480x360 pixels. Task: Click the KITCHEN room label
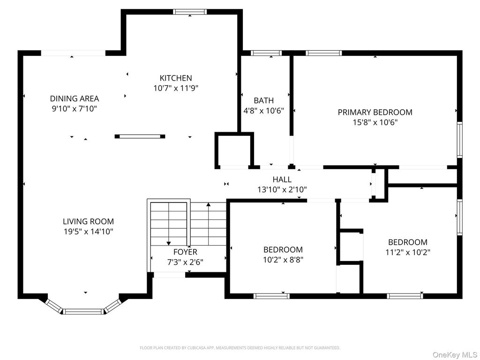click(176, 78)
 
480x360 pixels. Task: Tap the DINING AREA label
click(75, 98)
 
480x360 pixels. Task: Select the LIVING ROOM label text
click(88, 222)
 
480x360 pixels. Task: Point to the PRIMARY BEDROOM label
click(375, 112)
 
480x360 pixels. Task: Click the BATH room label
click(263, 100)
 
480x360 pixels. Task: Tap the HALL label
click(282, 180)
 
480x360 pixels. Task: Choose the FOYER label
click(185, 252)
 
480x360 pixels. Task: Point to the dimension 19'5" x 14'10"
click(88, 232)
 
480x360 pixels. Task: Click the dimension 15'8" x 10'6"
click(375, 122)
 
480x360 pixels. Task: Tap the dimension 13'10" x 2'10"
click(282, 190)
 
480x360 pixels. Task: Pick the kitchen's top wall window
click(190, 12)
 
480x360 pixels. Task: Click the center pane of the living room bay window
click(84, 311)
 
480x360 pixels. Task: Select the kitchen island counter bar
click(140, 136)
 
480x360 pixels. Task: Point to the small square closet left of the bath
click(234, 150)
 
